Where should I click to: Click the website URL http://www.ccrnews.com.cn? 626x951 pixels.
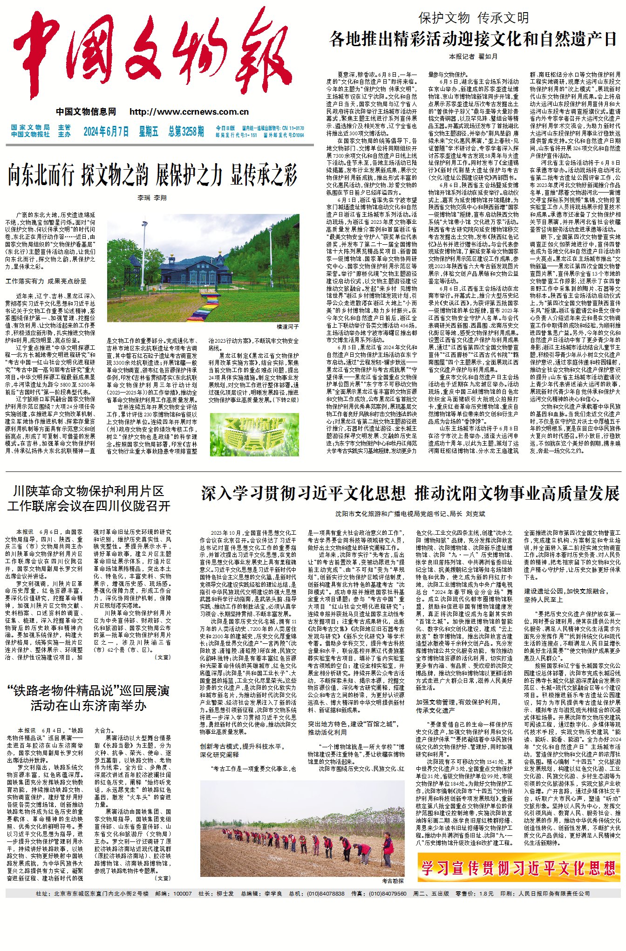(189, 112)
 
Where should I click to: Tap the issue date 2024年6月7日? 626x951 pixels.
(106, 131)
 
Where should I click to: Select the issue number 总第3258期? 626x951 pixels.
(186, 131)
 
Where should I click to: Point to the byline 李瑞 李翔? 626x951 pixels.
(152, 198)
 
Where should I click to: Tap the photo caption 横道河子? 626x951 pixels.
(288, 327)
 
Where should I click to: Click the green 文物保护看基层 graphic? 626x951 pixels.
(254, 434)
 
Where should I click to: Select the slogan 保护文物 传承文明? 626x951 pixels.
(474, 18)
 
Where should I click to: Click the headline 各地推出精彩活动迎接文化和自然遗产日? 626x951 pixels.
(473, 39)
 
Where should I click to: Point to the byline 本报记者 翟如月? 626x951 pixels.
(473, 56)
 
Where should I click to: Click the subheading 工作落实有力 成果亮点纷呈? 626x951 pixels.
(46, 282)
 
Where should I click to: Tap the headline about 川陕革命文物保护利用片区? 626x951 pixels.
(88, 498)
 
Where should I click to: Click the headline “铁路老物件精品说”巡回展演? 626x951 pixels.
(88, 697)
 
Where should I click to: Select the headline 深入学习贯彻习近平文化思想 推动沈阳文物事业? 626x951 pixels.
(410, 493)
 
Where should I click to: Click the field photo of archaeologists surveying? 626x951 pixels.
(302, 822)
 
